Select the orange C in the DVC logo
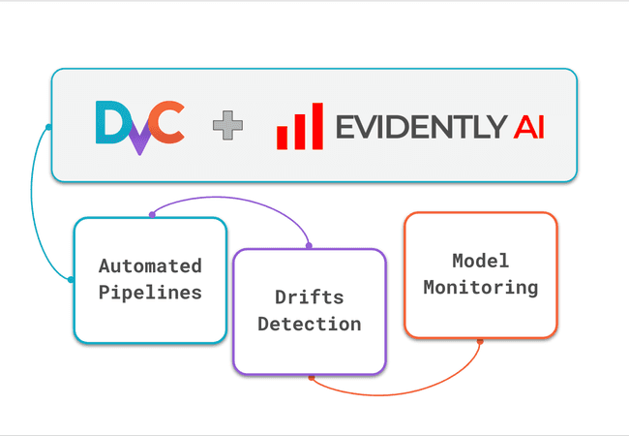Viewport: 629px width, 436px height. point(168,124)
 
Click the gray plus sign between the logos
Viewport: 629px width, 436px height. point(227,126)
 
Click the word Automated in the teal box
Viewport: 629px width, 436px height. point(150,265)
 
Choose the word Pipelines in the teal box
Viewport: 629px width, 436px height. point(150,291)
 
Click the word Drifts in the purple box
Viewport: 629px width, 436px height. point(309,296)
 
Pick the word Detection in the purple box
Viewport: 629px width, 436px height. point(309,323)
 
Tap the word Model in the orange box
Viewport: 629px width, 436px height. point(480,262)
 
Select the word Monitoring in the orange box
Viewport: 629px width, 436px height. point(480,288)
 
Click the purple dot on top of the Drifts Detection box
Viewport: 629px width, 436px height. point(309,246)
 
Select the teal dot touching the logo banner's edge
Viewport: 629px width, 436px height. point(49,127)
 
